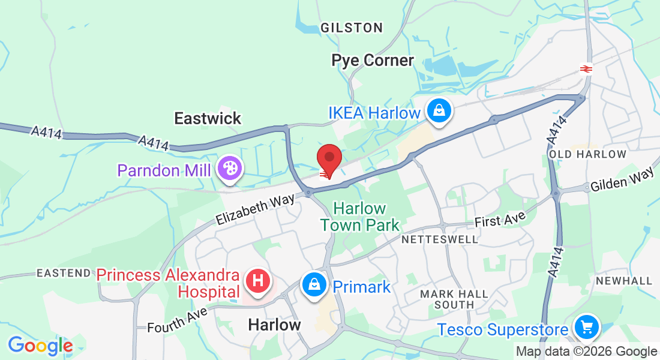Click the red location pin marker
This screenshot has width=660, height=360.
329,158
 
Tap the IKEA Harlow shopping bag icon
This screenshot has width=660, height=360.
439,111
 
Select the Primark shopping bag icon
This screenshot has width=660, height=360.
314,284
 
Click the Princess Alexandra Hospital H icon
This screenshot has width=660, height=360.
258,280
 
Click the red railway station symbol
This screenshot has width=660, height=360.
586,68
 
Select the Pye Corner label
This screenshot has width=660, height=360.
373,61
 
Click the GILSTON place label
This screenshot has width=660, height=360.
352,28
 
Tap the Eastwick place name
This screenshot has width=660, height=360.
208,118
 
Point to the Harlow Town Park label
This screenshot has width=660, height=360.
359,217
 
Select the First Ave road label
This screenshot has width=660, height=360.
500,219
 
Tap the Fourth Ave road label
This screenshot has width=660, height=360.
178,320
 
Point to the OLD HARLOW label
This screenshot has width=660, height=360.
588,154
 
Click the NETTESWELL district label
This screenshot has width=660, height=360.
440,239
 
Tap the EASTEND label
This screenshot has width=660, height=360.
64,273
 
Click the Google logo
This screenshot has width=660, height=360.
40,346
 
